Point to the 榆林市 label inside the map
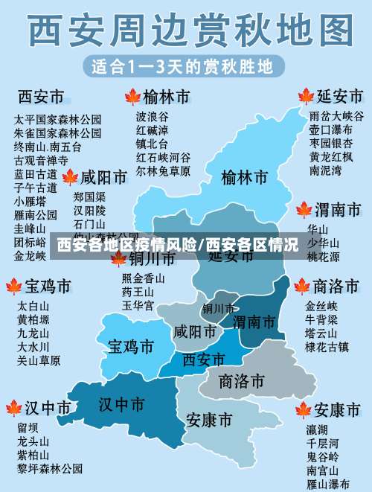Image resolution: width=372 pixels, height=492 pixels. click(244, 178)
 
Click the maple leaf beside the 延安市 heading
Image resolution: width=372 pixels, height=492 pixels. click(305, 96)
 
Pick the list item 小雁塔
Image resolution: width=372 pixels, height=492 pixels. click(30, 201)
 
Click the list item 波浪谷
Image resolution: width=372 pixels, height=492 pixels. click(152, 116)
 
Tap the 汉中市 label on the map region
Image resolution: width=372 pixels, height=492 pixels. click(122, 404)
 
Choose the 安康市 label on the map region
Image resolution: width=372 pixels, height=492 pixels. click(209, 420)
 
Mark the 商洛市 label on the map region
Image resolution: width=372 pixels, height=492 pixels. click(242, 381)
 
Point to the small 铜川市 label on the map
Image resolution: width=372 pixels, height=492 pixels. click(219, 308)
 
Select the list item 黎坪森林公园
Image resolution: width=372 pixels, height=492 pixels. click(50, 468)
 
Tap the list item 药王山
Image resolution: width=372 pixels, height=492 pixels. click(138, 292)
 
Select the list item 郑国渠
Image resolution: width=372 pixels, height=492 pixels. click(89, 197)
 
